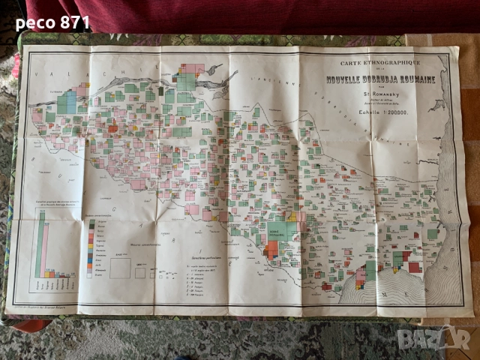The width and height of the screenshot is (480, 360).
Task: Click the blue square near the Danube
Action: tap(67, 101)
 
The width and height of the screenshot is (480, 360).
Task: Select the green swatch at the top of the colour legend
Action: tap(91, 223)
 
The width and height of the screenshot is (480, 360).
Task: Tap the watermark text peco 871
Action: tap(52, 22)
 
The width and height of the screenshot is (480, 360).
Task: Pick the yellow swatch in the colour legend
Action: tap(91, 259)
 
